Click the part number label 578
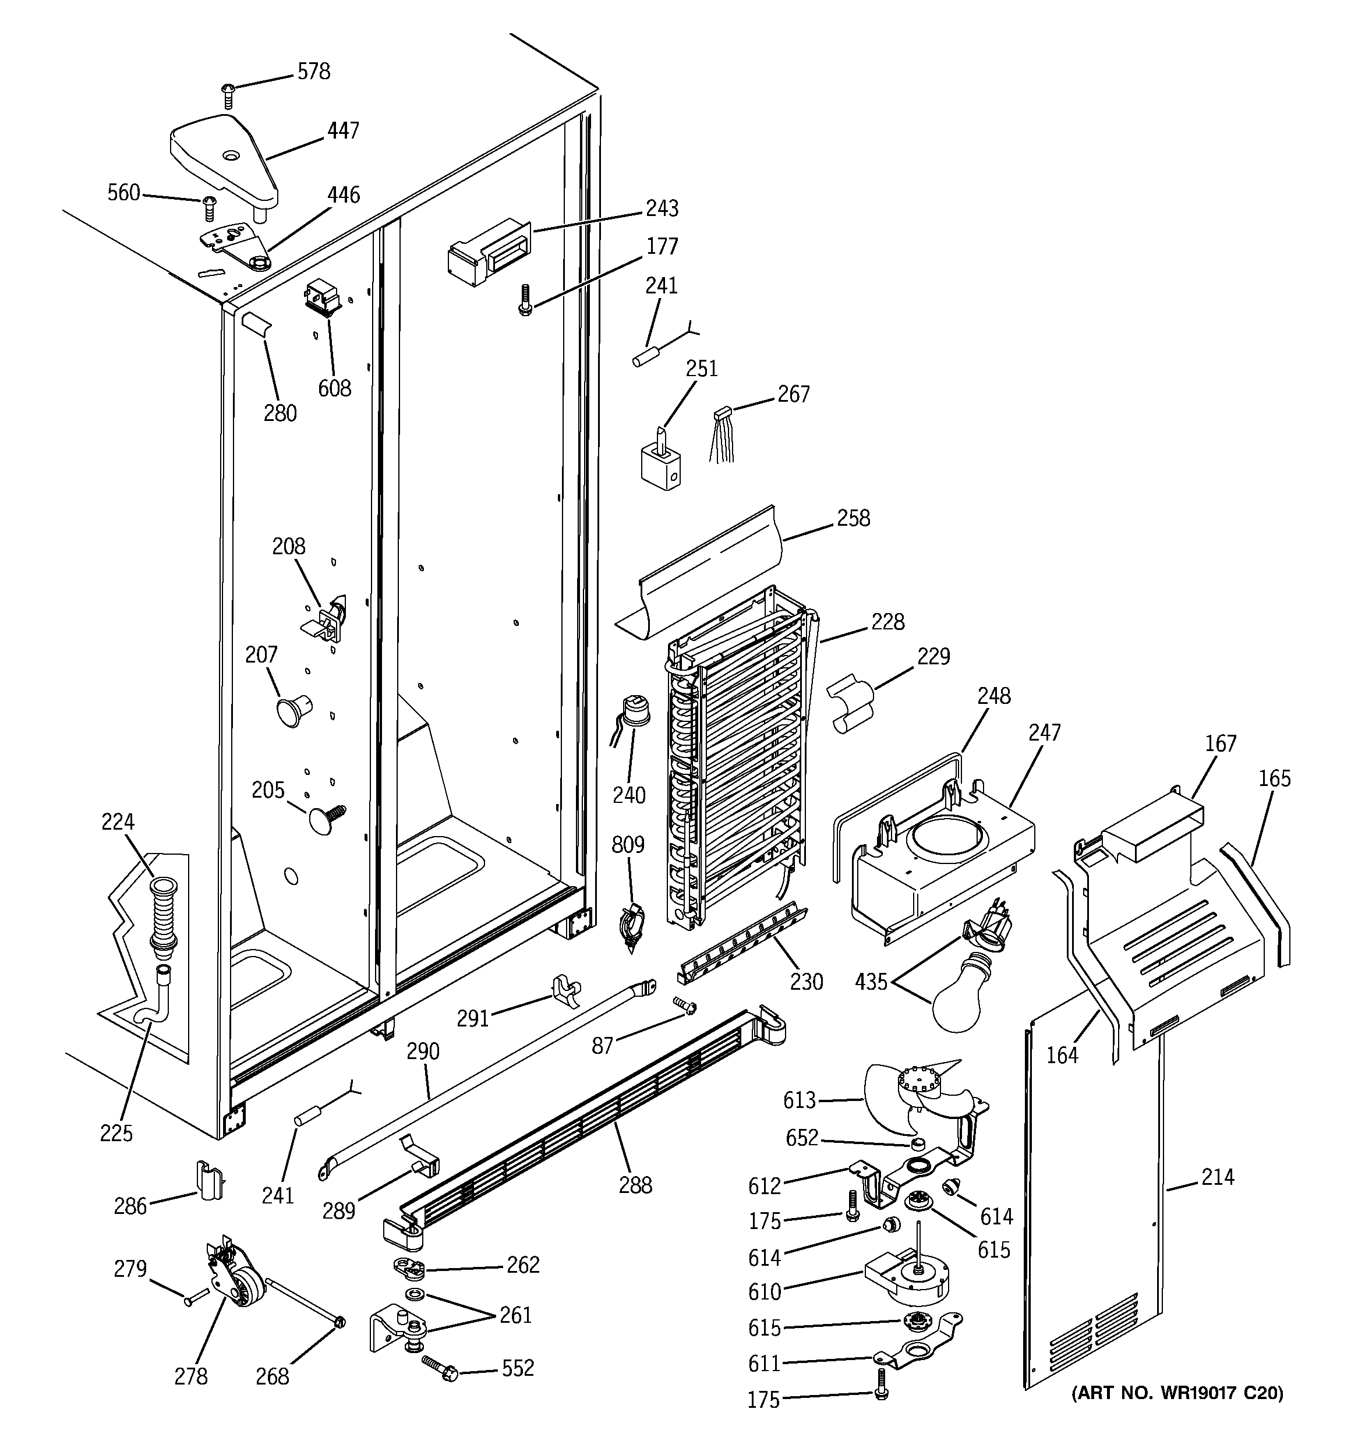[313, 72]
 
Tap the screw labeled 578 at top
[228, 95]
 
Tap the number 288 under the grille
[635, 1185]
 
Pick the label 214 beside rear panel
[1217, 1177]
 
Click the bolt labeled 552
[440, 1370]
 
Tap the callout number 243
[662, 209]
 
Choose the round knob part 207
[291, 710]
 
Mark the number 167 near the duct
[1221, 743]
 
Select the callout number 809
[627, 845]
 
